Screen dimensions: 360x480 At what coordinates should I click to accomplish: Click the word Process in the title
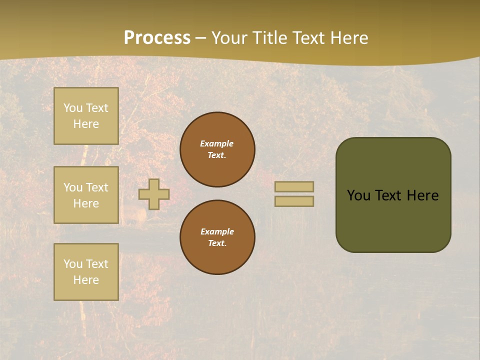tap(157, 38)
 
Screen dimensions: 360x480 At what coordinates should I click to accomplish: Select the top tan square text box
tap(86, 116)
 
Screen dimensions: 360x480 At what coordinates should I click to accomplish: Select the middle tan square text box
tap(86, 195)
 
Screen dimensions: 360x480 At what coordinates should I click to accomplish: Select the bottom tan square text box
tap(86, 272)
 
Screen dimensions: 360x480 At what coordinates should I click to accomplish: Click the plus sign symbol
tap(154, 194)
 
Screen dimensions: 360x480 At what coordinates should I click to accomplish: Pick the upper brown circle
tap(217, 149)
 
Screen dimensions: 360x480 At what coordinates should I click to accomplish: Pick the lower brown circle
tap(217, 237)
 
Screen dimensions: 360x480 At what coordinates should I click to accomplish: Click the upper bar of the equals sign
tap(294, 186)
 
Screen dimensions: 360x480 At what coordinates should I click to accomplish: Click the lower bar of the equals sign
tap(294, 201)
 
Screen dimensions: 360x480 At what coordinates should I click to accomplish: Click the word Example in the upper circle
tap(216, 143)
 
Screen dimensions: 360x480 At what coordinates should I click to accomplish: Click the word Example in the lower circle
tap(217, 231)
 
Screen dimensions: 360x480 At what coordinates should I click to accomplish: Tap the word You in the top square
tap(73, 108)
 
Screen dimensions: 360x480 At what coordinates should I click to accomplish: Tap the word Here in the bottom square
tap(86, 280)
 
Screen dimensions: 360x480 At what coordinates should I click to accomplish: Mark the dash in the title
tap(201, 38)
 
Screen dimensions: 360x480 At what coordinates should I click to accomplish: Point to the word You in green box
tap(358, 195)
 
